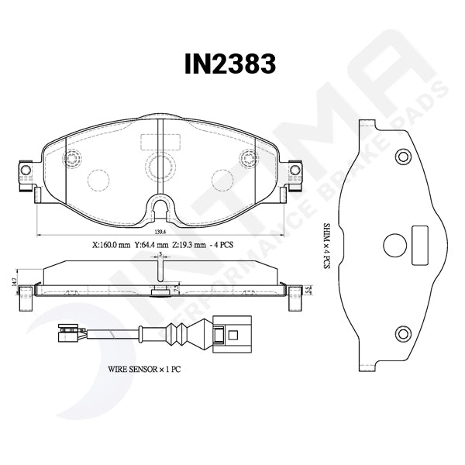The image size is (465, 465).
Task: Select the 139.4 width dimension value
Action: [x=159, y=232]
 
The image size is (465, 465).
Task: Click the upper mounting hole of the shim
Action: [x=402, y=157]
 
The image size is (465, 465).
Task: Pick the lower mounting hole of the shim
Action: [x=402, y=334]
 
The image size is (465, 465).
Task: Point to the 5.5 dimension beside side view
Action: [x=308, y=291]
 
